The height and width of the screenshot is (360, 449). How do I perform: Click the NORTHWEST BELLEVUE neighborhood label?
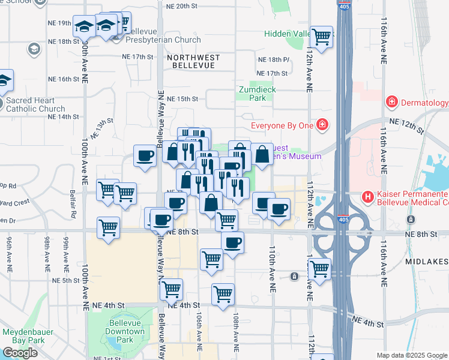[193, 61]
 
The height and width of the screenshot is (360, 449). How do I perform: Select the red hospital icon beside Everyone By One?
[322, 124]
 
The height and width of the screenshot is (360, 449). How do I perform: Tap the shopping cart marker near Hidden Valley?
[322, 37]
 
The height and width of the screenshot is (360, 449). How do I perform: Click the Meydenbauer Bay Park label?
[28, 336]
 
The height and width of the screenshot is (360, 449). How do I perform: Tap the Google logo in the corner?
[20, 353]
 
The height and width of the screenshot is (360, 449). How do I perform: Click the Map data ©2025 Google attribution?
[412, 355]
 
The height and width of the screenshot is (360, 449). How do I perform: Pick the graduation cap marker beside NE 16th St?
[5, 80]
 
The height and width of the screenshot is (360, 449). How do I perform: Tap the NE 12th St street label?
[406, 126]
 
